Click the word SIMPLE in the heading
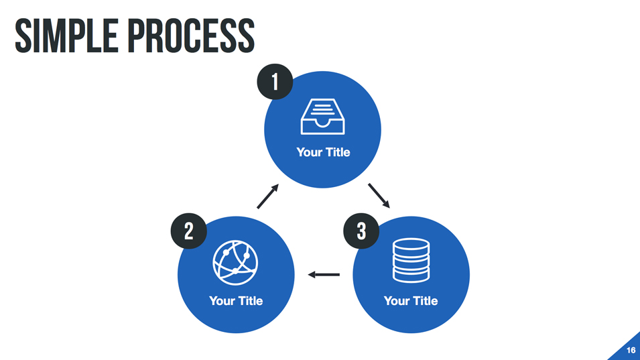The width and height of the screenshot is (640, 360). coord(61,36)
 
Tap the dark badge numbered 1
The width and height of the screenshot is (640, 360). coord(275,82)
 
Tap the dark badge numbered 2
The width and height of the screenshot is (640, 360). coord(188,231)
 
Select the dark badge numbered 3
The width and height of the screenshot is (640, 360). coord(361,231)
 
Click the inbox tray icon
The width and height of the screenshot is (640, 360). coord(322,117)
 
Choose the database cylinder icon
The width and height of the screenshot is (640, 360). coord(411,261)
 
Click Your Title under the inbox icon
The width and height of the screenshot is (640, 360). coord(323,152)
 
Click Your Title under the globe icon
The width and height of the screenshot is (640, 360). coord(236,301)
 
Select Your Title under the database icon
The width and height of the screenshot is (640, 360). coord(411,301)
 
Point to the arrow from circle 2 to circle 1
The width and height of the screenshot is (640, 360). coord(267,196)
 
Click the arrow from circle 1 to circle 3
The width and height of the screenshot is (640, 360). coord(379,195)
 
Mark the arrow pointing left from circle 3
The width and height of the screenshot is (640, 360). coord(324,274)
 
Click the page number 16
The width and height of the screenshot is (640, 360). coord(631,351)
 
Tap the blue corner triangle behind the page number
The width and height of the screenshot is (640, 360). coord(623,353)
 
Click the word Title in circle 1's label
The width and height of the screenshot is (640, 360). coord(338,152)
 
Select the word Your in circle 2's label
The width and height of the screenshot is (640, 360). coord(221,301)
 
